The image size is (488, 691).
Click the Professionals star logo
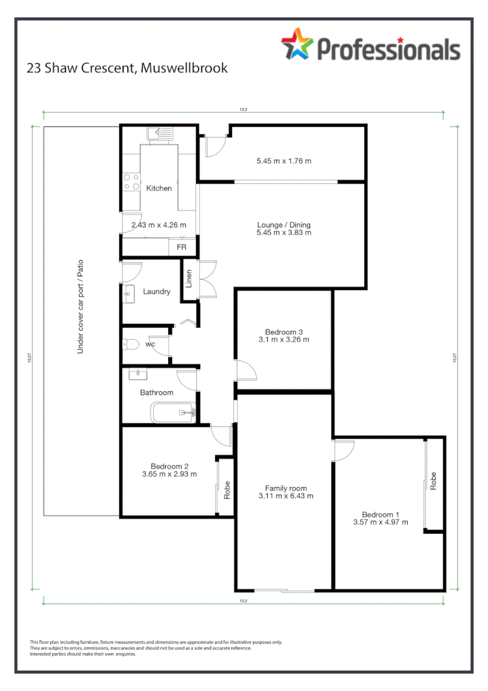297,44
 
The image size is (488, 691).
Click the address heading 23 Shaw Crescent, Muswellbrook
127,68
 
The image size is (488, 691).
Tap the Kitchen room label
159,188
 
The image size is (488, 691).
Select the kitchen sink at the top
160,134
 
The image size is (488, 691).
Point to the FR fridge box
181,248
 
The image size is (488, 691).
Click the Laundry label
156,291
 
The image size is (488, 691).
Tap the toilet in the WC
132,344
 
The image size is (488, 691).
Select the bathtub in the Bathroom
173,412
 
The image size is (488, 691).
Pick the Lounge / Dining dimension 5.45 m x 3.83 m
284,232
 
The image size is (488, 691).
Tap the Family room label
285,488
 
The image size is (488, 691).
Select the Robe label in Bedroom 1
433,481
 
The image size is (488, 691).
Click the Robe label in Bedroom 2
227,490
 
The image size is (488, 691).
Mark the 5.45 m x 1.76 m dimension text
284,160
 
